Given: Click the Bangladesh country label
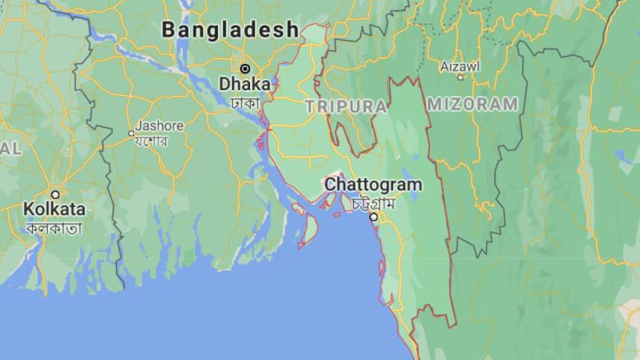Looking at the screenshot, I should click(231, 30).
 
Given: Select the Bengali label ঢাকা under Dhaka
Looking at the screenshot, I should click(244, 100).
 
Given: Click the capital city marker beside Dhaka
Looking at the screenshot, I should click(245, 68).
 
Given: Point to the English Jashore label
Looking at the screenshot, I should click(156, 126).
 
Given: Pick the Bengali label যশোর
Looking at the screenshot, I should click(151, 141).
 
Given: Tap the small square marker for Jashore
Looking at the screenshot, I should click(131, 133).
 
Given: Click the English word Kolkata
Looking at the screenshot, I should click(54, 208).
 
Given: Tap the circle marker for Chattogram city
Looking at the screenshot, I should click(374, 216).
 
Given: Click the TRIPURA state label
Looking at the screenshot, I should click(345, 106).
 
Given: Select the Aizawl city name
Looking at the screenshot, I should click(460, 65).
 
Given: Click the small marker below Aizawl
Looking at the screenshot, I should click(461, 77).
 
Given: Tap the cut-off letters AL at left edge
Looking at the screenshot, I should click(10, 149).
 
